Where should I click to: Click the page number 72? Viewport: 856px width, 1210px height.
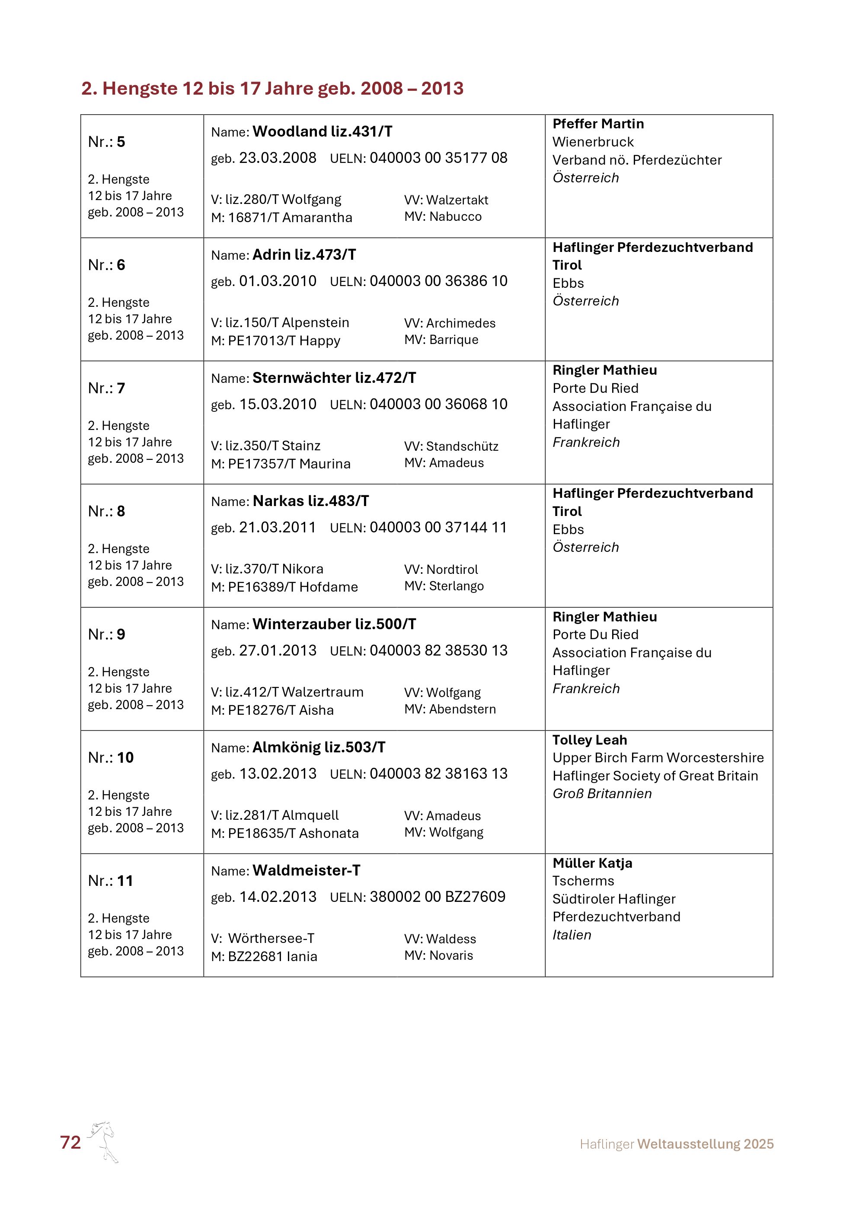(x=70, y=1143)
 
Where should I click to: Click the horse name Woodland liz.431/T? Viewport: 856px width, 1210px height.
(x=322, y=132)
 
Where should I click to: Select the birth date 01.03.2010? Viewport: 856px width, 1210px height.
(x=278, y=281)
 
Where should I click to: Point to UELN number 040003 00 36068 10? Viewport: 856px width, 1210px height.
(x=438, y=404)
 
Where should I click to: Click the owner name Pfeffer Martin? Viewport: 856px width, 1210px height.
(x=598, y=124)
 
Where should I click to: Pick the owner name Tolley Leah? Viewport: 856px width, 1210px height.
(x=589, y=740)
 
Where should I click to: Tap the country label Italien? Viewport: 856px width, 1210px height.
(x=572, y=935)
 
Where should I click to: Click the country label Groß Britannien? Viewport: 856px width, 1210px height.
(x=601, y=794)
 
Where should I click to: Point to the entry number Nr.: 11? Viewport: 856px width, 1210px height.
(x=110, y=881)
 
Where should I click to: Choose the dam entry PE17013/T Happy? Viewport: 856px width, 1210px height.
(x=276, y=341)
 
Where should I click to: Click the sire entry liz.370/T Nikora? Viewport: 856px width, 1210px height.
(x=267, y=569)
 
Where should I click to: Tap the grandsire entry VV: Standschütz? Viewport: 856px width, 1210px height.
(x=451, y=446)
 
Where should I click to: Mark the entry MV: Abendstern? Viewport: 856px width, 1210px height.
(x=450, y=709)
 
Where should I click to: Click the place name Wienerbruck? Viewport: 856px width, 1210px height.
(x=593, y=142)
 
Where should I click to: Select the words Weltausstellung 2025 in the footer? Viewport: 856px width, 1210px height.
(x=705, y=1144)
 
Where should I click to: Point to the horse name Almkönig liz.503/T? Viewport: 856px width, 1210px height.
(x=319, y=747)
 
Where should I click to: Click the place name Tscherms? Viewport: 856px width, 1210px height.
(x=583, y=881)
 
